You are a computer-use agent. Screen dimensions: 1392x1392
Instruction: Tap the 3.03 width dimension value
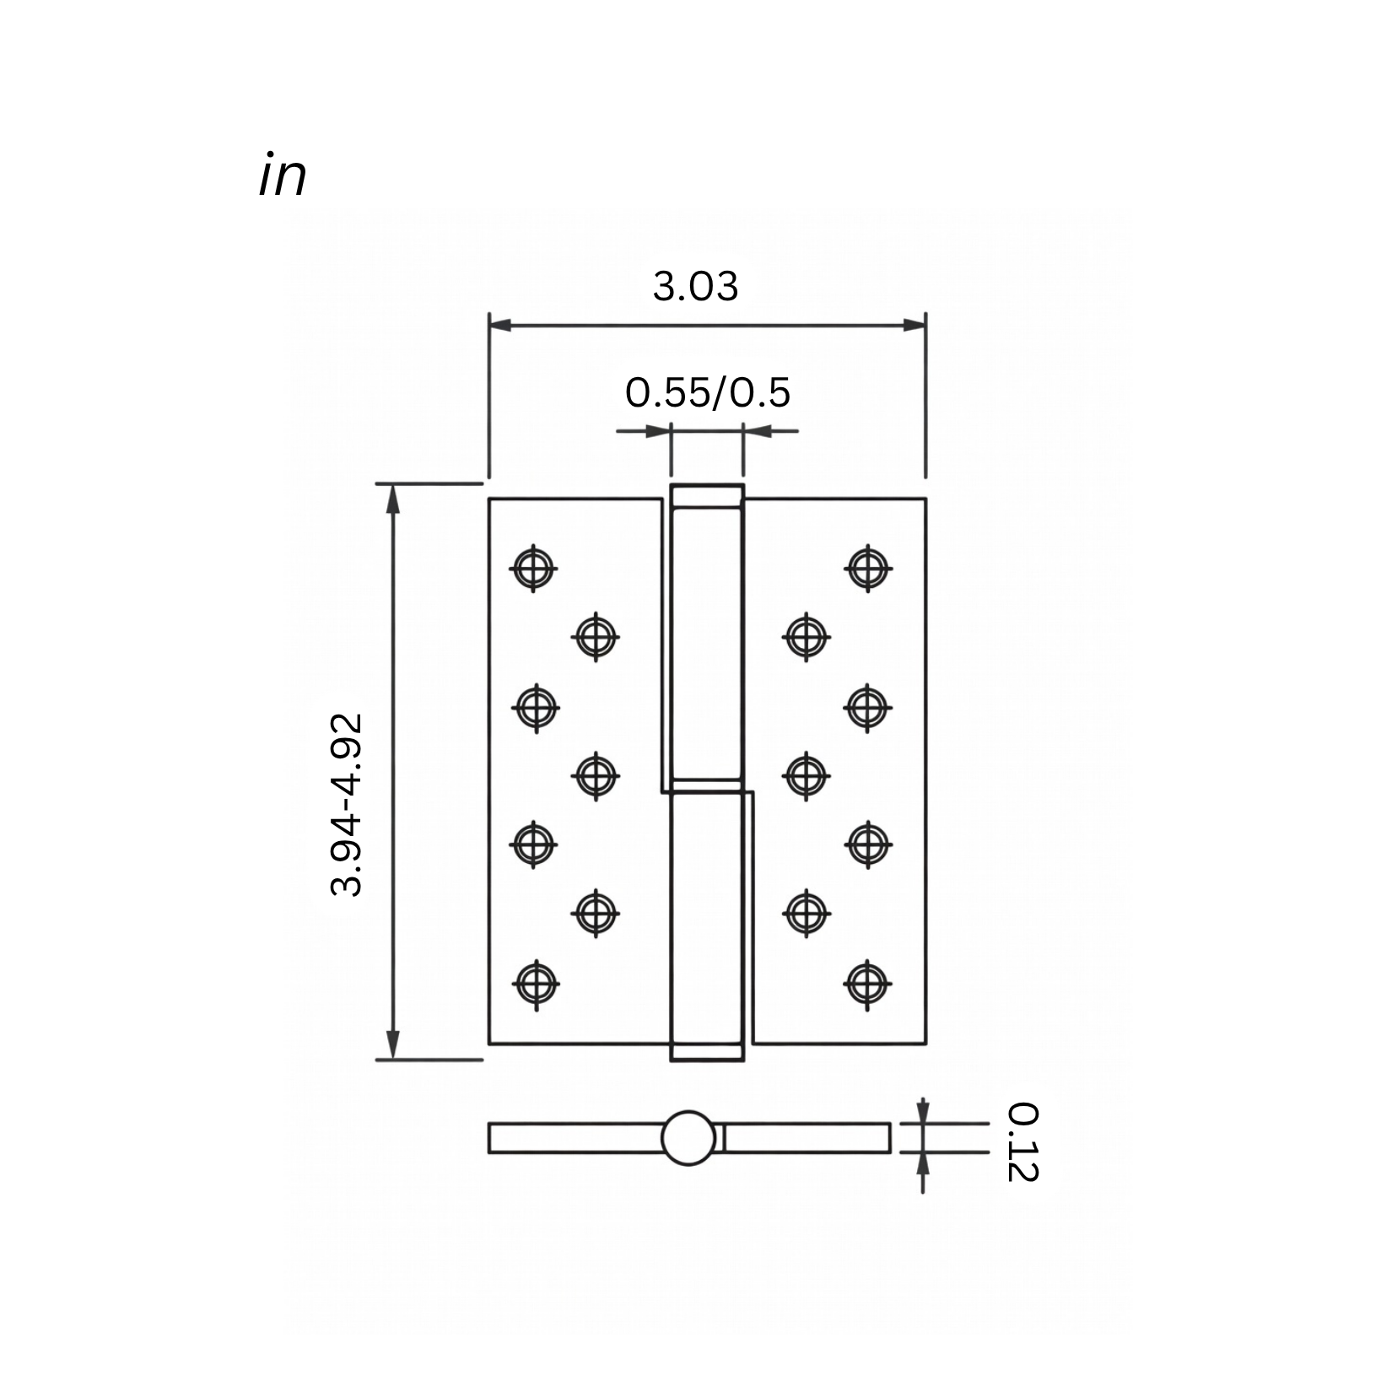695,287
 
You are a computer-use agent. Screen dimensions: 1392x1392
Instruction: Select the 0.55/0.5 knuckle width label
707,393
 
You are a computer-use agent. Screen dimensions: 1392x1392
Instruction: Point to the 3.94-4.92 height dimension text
347,805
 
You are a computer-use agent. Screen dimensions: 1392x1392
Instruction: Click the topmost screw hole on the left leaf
533,568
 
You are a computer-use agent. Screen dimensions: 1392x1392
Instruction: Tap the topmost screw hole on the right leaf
868,567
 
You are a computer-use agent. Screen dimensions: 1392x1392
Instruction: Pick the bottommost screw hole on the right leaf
868,982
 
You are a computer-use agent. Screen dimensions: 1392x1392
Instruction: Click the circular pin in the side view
688,1138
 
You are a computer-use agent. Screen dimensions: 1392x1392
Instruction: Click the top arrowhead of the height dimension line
392,498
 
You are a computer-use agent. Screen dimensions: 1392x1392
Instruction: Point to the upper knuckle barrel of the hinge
707,641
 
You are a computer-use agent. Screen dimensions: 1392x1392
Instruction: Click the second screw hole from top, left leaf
596,635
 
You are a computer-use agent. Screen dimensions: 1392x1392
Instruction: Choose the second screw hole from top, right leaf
806,635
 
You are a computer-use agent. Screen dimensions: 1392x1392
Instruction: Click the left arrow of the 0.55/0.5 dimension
658,432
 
